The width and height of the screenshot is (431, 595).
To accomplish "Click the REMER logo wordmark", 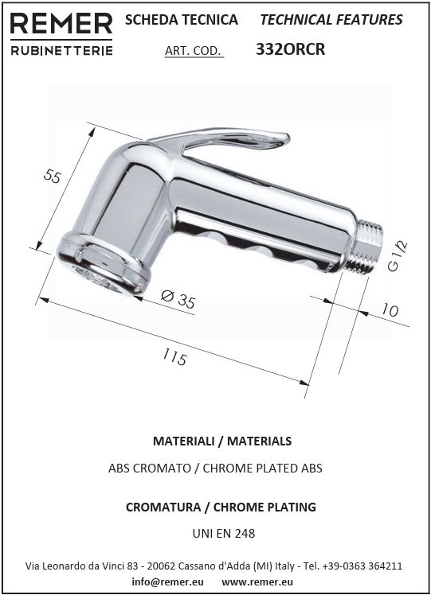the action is [x=61, y=24].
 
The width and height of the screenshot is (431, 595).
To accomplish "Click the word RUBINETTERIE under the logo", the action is [x=61, y=50].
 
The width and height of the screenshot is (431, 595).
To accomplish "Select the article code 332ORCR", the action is [x=290, y=49].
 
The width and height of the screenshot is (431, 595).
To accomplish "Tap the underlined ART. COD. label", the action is [x=193, y=51].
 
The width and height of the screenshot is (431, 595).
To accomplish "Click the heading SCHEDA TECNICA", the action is [x=182, y=20].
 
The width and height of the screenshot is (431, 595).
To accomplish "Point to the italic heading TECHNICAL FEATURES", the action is [x=331, y=20].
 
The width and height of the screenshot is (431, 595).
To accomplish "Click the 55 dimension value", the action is [x=52, y=177].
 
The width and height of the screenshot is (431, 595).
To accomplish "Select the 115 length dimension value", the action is [x=175, y=357].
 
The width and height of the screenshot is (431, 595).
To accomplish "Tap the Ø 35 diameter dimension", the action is [x=178, y=298].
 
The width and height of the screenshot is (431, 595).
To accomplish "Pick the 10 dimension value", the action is [x=390, y=310].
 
